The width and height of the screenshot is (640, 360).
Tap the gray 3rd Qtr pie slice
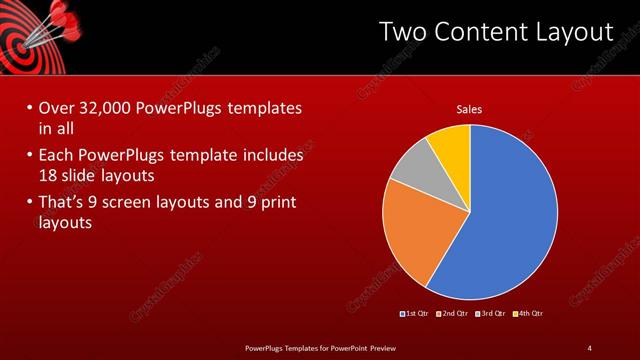click(413, 170)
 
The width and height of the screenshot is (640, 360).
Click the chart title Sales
click(470, 108)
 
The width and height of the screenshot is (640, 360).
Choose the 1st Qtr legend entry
click(414, 314)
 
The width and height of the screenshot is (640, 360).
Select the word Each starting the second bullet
click(55, 156)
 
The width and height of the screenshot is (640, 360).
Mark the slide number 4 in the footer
click(590, 347)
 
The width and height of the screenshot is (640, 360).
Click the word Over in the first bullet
click(58, 108)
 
